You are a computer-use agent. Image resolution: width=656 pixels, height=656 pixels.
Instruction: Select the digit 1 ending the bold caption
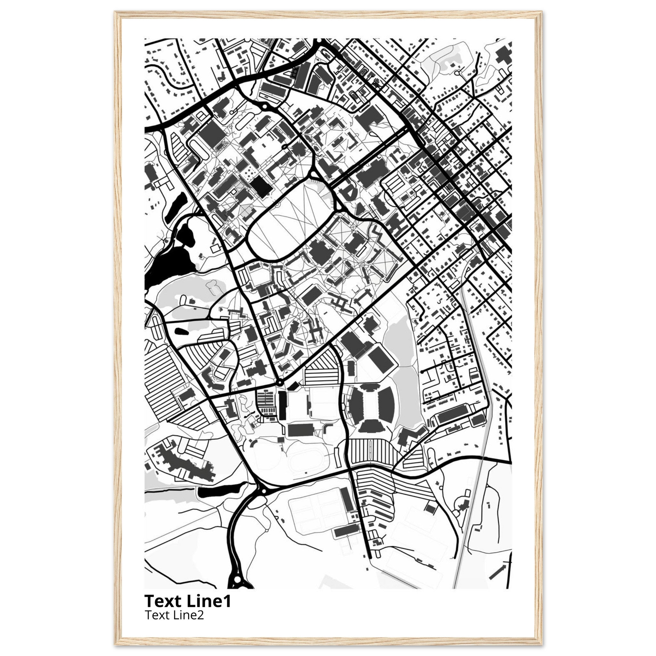point(227,601)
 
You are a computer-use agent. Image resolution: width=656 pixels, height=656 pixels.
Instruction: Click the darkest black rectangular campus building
point(262,186)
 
